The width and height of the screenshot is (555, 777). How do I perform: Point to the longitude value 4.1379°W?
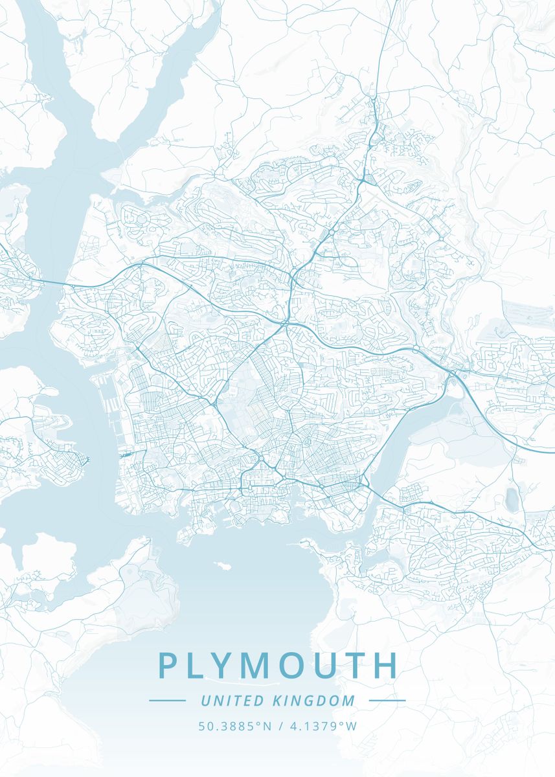[x=322, y=726]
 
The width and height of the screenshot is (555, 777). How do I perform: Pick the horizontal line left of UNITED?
[x=167, y=701]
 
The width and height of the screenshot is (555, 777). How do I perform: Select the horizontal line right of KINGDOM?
[x=387, y=701]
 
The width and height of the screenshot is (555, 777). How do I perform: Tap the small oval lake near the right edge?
[x=513, y=497]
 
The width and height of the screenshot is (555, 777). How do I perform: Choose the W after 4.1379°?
[x=351, y=726]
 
